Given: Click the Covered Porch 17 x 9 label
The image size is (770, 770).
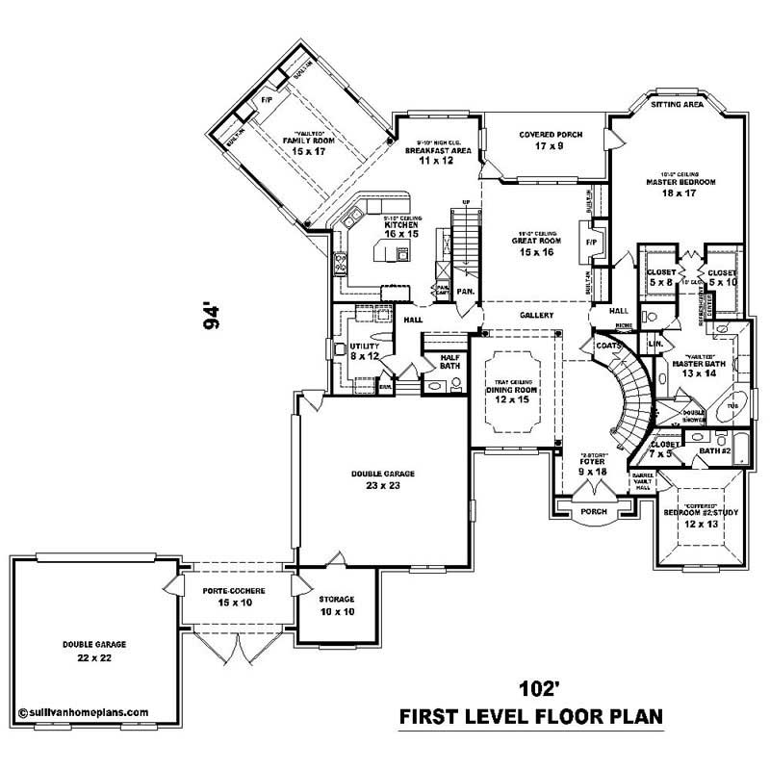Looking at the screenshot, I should (x=546, y=141).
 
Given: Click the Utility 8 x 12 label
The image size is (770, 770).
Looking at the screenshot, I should (x=365, y=350).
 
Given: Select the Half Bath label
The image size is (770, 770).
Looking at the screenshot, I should (x=449, y=361).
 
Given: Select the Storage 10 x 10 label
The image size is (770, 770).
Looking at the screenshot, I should (x=336, y=604).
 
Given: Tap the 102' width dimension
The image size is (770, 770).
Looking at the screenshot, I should (x=537, y=688).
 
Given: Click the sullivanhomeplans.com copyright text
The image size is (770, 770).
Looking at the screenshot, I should (x=83, y=713).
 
